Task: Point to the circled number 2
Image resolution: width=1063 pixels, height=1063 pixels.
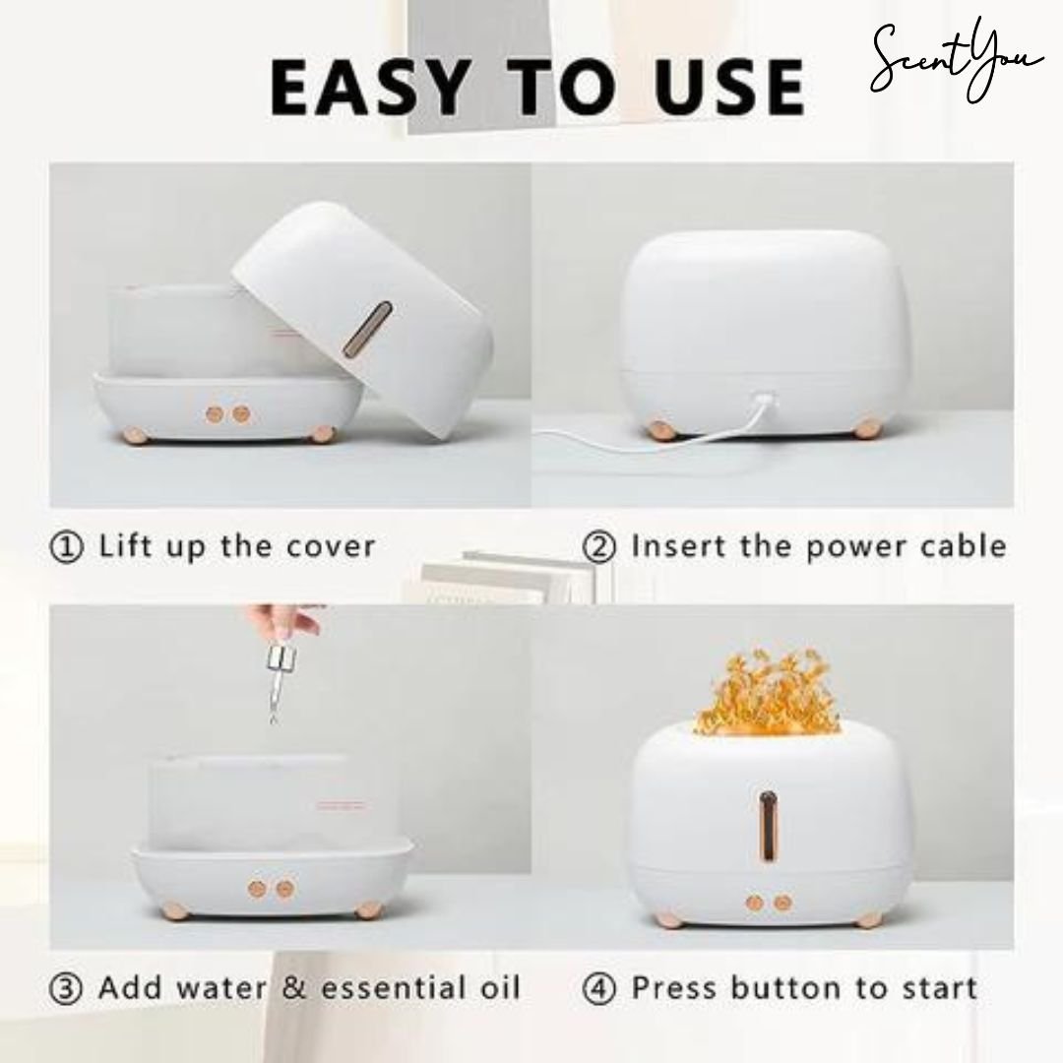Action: pos(599,546)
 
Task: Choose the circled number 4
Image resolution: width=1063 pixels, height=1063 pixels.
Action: pos(599,987)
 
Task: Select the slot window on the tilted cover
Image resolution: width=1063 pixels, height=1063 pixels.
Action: pos(377,329)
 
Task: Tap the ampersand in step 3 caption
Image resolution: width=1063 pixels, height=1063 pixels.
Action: pos(294,987)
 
